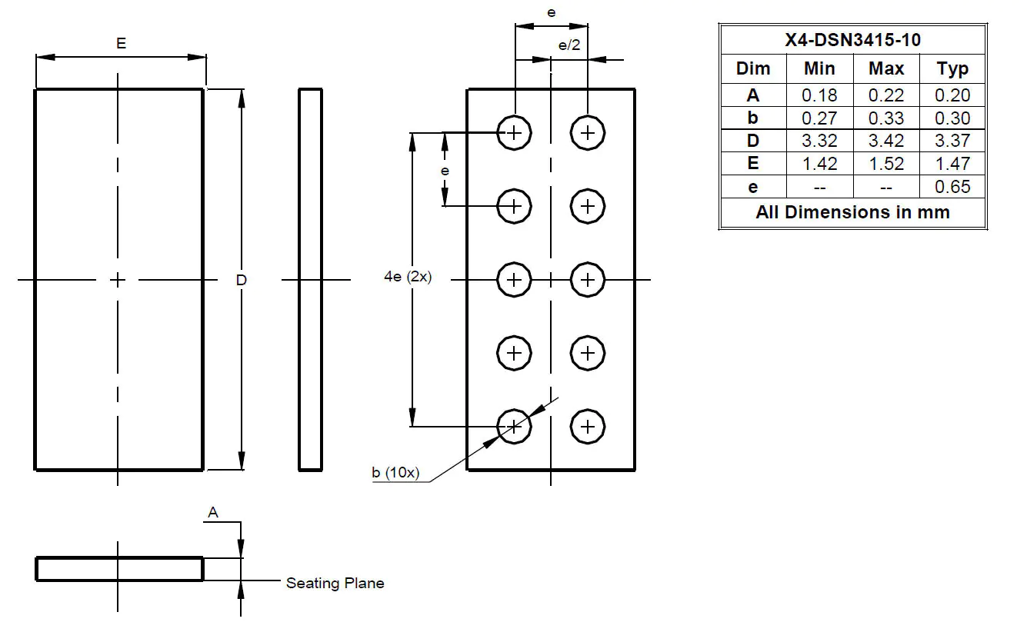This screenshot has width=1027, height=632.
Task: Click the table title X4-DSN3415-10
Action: point(852,40)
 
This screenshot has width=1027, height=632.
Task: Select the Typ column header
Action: point(952,68)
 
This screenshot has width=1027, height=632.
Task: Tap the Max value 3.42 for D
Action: point(886,141)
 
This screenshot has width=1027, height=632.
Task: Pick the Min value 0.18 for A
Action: point(819,95)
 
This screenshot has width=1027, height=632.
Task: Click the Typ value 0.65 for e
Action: point(952,187)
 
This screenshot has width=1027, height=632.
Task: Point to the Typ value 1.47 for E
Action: point(952,164)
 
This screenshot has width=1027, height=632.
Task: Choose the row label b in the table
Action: point(752,118)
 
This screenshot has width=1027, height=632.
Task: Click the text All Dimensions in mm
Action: point(852,212)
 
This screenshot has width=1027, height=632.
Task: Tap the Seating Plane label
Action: point(335,584)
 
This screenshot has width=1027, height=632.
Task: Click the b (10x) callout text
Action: point(395,473)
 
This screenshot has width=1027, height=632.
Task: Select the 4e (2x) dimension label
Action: point(408,278)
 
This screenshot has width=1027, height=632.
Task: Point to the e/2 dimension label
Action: point(569,45)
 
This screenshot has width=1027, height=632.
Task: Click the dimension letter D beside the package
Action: point(241,281)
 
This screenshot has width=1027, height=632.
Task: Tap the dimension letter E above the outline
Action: point(121,44)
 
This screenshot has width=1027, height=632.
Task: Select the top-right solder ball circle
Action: point(588,133)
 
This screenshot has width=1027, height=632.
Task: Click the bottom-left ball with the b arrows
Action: point(515,426)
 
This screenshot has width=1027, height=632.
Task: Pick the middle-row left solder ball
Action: point(515,279)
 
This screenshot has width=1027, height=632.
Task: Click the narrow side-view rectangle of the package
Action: point(310,279)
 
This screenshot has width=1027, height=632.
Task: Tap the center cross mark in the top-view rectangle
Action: point(117,279)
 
